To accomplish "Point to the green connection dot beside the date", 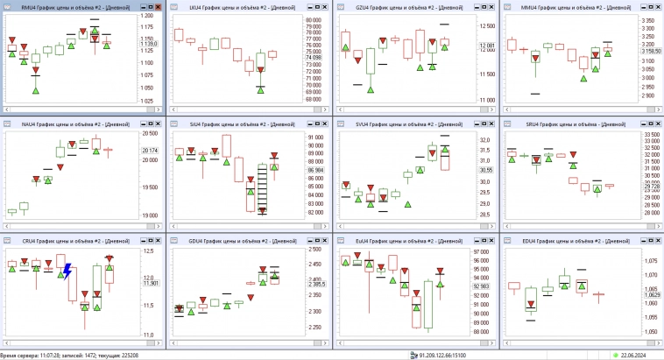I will (615, 355).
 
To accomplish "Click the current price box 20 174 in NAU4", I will (150, 151).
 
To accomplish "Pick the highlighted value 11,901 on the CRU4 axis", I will (150, 283).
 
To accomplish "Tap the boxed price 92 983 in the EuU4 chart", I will (481, 286).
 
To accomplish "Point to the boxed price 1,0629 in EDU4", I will (650, 295).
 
